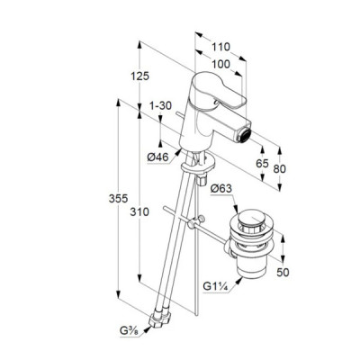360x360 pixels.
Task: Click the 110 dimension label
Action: pyautogui.click(x=220, y=47)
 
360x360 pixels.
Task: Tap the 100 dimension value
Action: pyautogui.click(x=220, y=64)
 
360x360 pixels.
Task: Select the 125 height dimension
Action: pyautogui.click(x=139, y=76)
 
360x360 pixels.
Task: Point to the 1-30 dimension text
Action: pyautogui.click(x=160, y=105)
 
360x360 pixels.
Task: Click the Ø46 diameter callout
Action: pyautogui.click(x=158, y=157)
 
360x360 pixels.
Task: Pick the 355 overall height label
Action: pyautogui.click(x=118, y=198)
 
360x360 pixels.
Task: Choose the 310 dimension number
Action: pyautogui.click(x=139, y=212)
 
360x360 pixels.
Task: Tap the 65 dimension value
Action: pyautogui.click(x=262, y=164)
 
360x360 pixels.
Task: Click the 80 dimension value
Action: pyautogui.click(x=280, y=169)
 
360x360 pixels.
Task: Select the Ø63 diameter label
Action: pyautogui.click(x=221, y=189)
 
